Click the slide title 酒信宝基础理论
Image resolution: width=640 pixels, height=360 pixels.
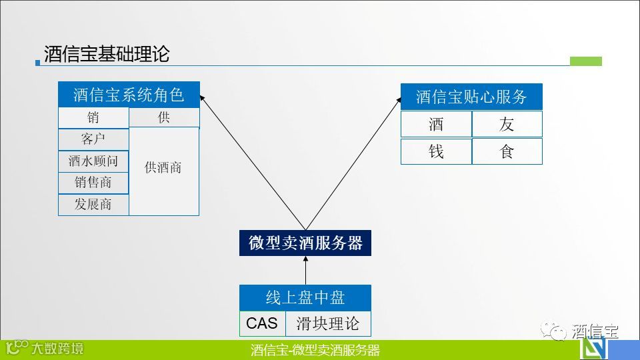[x=107, y=54]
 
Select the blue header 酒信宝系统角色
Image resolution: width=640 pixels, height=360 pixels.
[x=129, y=95]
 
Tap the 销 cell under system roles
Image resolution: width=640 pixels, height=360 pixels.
[x=93, y=118]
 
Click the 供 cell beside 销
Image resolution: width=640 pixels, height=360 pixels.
[x=164, y=118]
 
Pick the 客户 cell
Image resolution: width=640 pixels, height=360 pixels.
[x=93, y=139]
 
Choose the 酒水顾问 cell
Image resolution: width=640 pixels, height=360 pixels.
[x=93, y=161]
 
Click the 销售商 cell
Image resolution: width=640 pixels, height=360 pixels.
[x=93, y=183]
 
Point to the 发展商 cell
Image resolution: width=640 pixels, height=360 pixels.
[x=93, y=205]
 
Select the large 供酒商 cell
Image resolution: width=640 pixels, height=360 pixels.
[x=164, y=168]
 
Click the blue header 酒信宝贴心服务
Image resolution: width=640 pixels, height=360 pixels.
[x=471, y=97]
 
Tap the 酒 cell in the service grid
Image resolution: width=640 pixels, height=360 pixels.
[x=436, y=124]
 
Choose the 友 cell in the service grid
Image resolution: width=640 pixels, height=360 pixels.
[x=507, y=124]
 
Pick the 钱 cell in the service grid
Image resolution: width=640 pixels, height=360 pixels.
[x=436, y=151]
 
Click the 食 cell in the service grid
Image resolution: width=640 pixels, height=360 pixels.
[x=507, y=151]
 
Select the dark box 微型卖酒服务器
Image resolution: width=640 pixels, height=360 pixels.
[x=305, y=243]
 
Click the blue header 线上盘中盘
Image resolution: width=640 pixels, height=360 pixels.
[x=305, y=297]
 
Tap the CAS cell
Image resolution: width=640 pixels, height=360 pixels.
[x=262, y=323]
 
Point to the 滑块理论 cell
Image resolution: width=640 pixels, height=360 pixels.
[x=327, y=323]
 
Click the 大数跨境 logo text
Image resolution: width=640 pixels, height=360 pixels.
[x=58, y=348]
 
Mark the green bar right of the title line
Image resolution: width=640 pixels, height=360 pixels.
[x=586, y=61]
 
